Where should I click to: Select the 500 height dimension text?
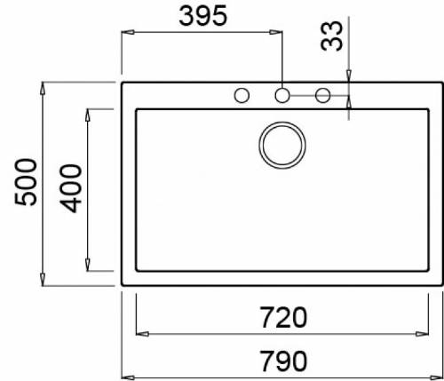click(25, 182)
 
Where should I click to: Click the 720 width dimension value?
click(282, 316)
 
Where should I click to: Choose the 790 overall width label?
click(282, 361)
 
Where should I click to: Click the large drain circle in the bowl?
click(282, 144)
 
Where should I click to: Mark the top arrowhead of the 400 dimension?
click(88, 114)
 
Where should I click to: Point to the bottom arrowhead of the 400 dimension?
click(88, 266)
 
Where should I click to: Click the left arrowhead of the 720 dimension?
click(139, 335)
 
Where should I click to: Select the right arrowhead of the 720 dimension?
click(424, 335)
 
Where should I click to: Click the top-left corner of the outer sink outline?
click(122, 83)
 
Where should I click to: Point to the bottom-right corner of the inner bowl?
click(428, 272)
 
